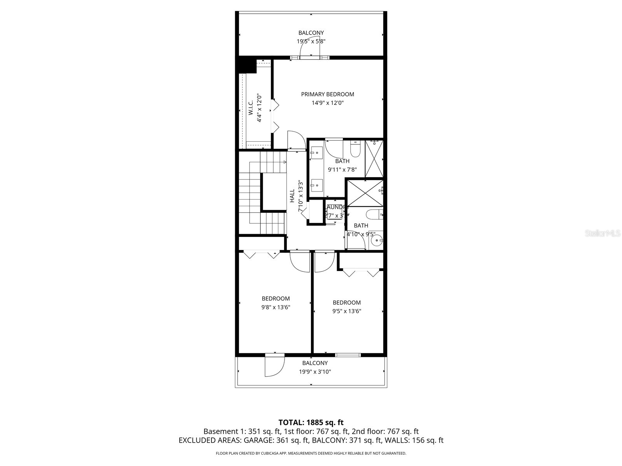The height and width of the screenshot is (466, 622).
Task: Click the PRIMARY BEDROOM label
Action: click(327, 94)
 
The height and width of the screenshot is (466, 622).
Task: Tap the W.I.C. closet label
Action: click(251, 108)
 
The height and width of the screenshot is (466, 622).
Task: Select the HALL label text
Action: click(292, 196)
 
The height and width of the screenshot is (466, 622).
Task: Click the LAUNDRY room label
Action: click(337, 207)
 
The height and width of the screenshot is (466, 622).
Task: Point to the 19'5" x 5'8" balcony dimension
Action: click(311, 41)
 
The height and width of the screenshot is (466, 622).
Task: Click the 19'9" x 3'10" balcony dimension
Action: click(315, 372)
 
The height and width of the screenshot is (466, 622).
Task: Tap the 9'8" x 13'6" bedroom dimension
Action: click(276, 307)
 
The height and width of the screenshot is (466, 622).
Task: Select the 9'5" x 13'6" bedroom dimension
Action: click(347, 311)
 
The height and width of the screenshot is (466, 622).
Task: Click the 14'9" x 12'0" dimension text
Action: click(327, 103)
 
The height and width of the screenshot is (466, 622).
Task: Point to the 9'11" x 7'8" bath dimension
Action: click(342, 170)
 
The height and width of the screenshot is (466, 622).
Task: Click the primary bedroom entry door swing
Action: click(296, 140)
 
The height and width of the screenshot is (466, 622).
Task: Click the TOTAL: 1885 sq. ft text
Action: click(311, 422)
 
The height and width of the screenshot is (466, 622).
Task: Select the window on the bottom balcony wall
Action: click(348, 355)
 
